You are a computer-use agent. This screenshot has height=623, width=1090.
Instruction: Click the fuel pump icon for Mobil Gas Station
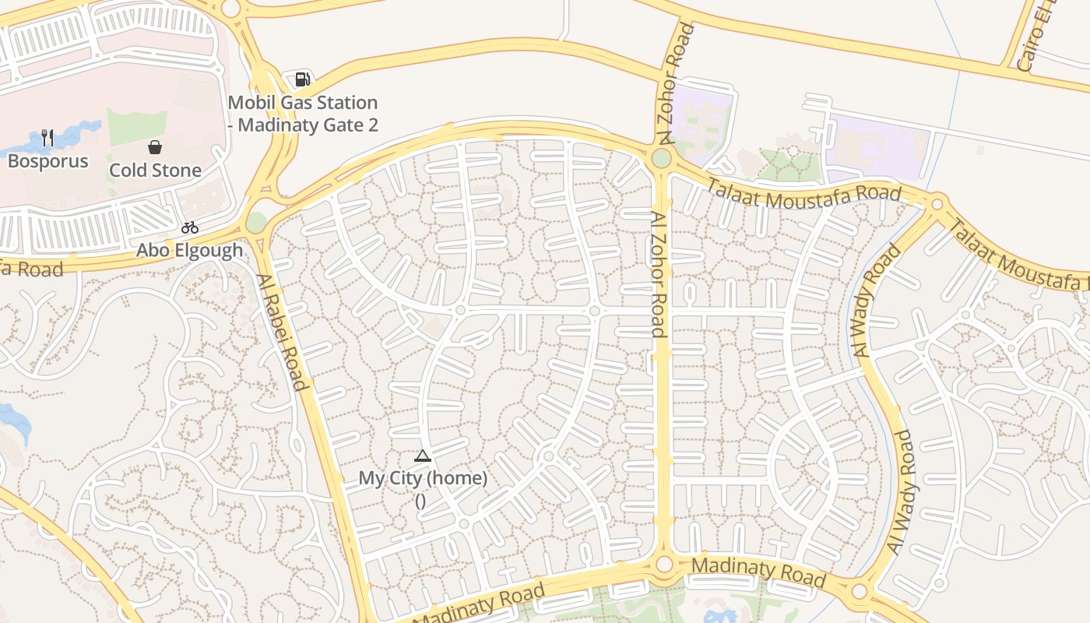[302, 79]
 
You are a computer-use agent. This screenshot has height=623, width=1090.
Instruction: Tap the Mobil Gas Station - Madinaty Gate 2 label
[303, 114]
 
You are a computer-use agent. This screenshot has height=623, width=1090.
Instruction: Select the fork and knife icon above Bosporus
[47, 139]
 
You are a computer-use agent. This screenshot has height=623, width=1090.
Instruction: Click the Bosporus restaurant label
[48, 161]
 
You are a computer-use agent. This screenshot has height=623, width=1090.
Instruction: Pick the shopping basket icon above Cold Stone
[155, 147]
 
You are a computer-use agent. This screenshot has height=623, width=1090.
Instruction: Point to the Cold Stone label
[155, 171]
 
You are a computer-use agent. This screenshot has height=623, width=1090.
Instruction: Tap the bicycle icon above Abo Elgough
[190, 227]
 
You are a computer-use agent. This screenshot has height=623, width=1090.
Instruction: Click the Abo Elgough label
[190, 250]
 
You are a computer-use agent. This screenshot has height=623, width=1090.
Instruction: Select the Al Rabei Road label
[282, 332]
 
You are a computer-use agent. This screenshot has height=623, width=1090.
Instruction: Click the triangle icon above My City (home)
[423, 456]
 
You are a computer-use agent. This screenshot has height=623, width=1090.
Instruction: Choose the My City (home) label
[423, 478]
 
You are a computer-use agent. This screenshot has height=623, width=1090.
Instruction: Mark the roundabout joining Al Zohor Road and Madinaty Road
[664, 564]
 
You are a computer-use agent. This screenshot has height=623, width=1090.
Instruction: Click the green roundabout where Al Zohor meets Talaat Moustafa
[661, 159]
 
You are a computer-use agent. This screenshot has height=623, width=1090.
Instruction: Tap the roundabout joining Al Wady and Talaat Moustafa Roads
[937, 205]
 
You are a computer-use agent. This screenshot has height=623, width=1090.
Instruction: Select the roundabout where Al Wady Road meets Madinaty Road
[859, 592]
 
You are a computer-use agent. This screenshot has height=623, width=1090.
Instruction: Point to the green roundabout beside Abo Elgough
[256, 223]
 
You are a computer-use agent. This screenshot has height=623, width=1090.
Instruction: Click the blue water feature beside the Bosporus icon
[74, 136]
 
